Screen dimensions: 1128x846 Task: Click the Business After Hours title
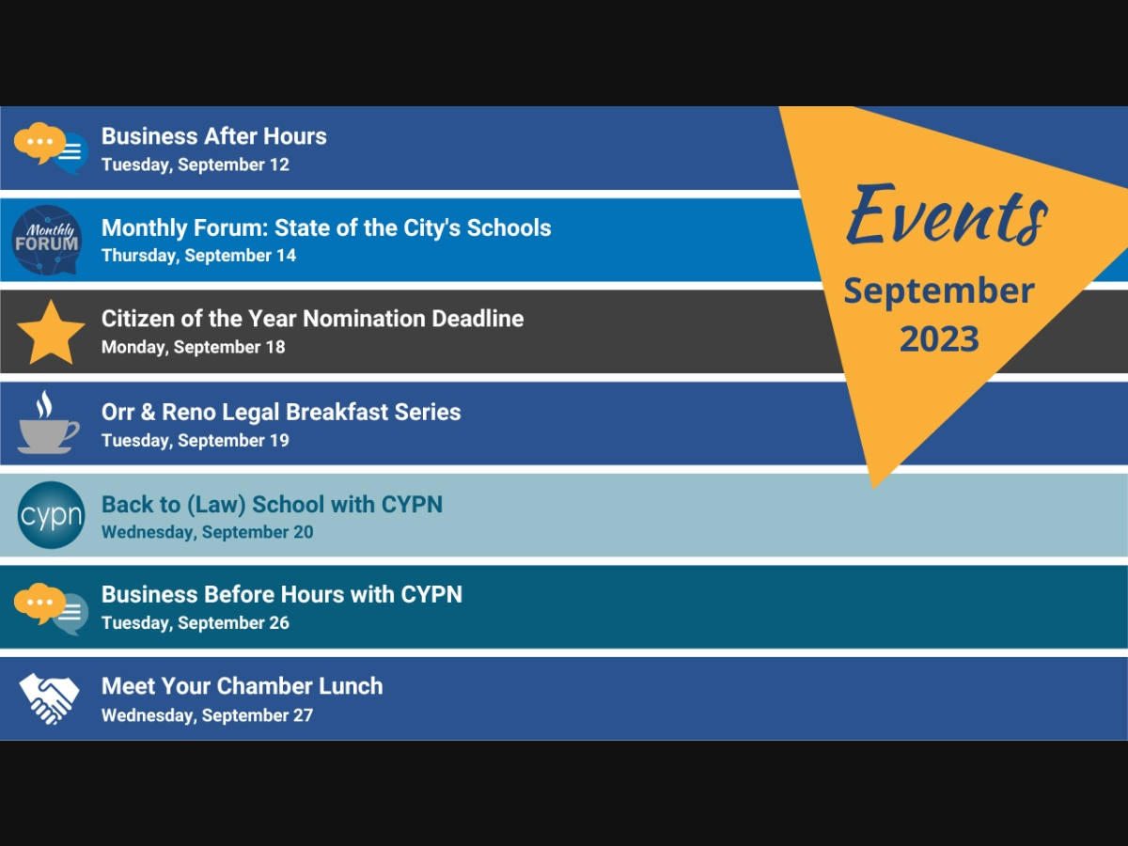pos(213,136)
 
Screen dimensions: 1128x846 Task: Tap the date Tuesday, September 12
pos(196,164)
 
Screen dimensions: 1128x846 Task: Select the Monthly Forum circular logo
pos(46,240)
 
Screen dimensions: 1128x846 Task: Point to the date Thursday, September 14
pos(199,256)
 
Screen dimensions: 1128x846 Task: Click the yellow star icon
pos(51,333)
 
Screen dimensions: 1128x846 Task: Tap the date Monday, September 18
pos(194,347)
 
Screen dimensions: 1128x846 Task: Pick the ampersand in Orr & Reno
pos(148,412)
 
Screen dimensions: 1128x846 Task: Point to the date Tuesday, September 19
pos(196,441)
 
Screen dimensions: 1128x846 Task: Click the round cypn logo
pos(51,515)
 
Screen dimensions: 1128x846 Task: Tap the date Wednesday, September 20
pos(208,532)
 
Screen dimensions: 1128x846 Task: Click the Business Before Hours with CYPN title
pos(282,595)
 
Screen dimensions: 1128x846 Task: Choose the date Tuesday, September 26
pos(196,623)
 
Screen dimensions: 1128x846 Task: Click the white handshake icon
pos(49,698)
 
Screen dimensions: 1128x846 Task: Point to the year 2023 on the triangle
pos(939,339)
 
